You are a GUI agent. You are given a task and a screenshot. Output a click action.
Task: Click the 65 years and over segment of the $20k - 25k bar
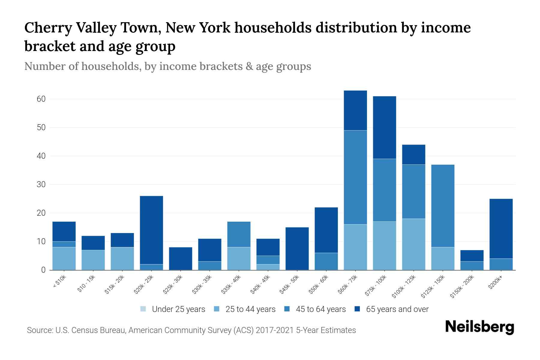coord(151,230)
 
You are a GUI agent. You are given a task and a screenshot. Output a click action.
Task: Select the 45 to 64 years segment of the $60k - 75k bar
coord(355,177)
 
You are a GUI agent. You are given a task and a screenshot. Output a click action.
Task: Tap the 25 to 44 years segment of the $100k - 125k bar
coord(413,244)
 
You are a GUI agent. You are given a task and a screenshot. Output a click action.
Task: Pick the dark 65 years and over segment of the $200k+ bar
coord(501,228)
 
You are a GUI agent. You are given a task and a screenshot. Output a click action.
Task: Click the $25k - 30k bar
coord(181,258)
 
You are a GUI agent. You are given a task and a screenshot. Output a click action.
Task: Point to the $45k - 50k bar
coord(297,248)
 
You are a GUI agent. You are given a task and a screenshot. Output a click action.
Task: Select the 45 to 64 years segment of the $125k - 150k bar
coord(442,206)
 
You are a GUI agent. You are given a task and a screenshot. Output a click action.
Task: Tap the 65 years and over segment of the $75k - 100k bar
coord(384,127)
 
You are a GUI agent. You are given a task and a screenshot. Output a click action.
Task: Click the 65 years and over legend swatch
coord(357,309)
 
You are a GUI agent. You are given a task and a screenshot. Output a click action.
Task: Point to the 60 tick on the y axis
coord(41,99)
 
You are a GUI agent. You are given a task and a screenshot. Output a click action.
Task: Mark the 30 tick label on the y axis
coord(41,184)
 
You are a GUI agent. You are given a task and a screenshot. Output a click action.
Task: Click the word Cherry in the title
coord(48,28)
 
